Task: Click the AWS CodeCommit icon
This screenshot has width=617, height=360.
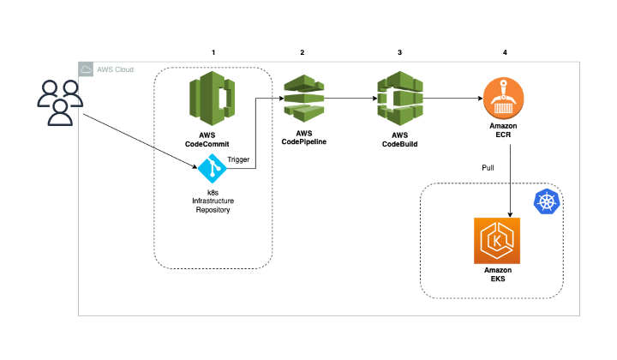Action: [x=213, y=100]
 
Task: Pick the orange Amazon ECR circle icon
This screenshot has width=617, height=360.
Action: [x=504, y=98]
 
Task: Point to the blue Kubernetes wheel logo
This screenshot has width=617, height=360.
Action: [x=546, y=201]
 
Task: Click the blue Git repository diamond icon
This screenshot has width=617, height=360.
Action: [x=212, y=169]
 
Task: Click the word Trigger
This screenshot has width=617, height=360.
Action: [x=239, y=159]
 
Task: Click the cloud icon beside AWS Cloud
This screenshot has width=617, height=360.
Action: [x=86, y=69]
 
